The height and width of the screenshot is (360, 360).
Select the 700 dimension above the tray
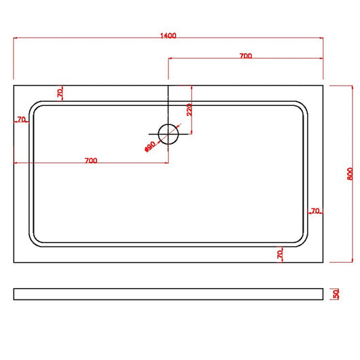pos(246,56)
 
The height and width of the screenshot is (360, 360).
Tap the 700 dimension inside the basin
pos(90,160)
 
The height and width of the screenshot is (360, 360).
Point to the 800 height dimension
pos(348,173)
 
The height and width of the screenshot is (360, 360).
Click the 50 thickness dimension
pos(336,294)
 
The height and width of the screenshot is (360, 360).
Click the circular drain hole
pos(168,134)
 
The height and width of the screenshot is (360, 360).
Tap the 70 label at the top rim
pos(60,92)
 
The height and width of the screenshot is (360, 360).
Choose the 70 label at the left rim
pos(22,120)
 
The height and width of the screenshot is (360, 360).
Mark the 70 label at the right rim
pos(314,211)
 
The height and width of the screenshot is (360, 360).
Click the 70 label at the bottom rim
pos(280,253)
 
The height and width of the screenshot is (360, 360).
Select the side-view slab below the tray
pos(168,294)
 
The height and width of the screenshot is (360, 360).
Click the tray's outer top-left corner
pos(14,84)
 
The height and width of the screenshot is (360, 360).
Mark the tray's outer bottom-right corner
pos(323,262)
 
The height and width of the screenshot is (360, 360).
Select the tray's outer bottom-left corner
pos(14,262)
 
